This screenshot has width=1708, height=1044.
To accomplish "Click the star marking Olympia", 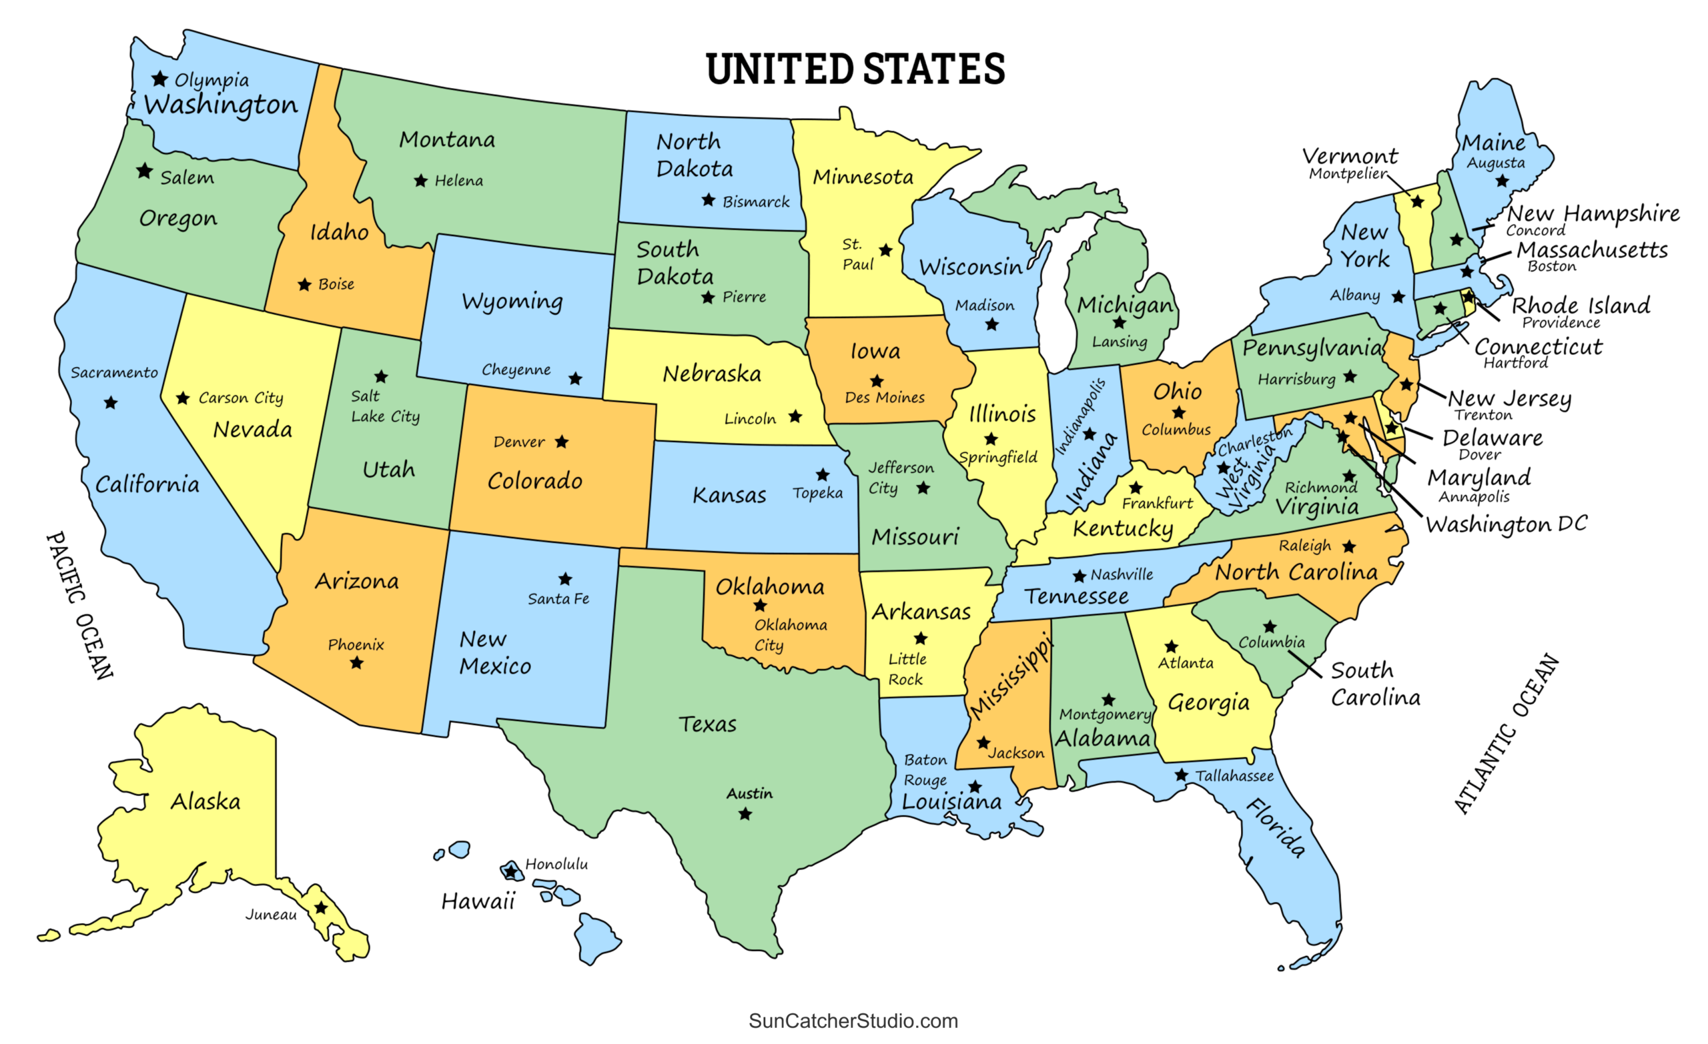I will click(159, 78).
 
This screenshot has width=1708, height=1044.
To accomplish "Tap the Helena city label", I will click(458, 181).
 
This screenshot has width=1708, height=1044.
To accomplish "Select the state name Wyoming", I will click(512, 302).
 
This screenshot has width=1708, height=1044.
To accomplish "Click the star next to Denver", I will click(562, 442).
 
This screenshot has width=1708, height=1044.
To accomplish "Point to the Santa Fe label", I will click(558, 598).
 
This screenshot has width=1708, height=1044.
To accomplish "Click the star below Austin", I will click(745, 814).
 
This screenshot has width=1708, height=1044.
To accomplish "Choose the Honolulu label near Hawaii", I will click(556, 864).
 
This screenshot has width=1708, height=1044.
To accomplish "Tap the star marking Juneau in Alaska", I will click(321, 908).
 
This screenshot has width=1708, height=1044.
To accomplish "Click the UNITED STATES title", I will click(855, 69).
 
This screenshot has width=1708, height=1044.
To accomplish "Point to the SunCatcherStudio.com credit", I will click(853, 1021).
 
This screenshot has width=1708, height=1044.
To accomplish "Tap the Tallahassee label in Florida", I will click(1234, 776).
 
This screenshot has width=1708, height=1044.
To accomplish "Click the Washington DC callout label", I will click(1506, 524).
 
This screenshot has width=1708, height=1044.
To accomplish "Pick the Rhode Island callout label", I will click(1581, 305).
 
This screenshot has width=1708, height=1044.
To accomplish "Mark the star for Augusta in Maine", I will click(1501, 181).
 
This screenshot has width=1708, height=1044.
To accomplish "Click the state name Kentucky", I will click(1122, 529).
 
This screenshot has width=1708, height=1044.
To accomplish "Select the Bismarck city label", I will click(755, 201).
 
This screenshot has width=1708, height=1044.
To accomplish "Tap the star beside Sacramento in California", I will click(110, 403).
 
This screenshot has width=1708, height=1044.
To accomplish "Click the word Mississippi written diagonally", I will click(1011, 676).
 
